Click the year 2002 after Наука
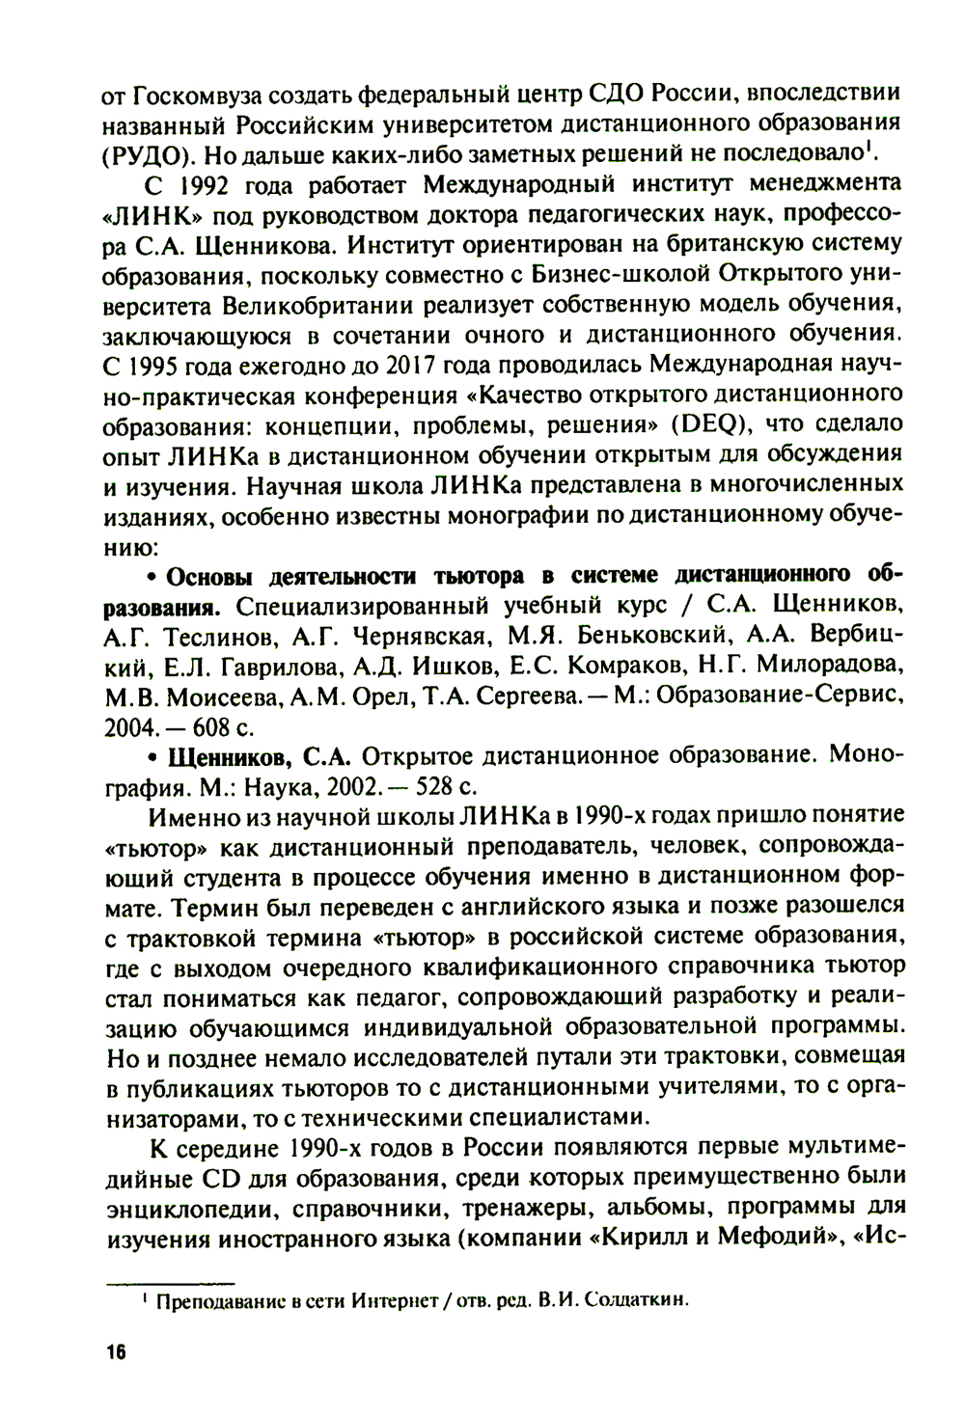click(x=353, y=785)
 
